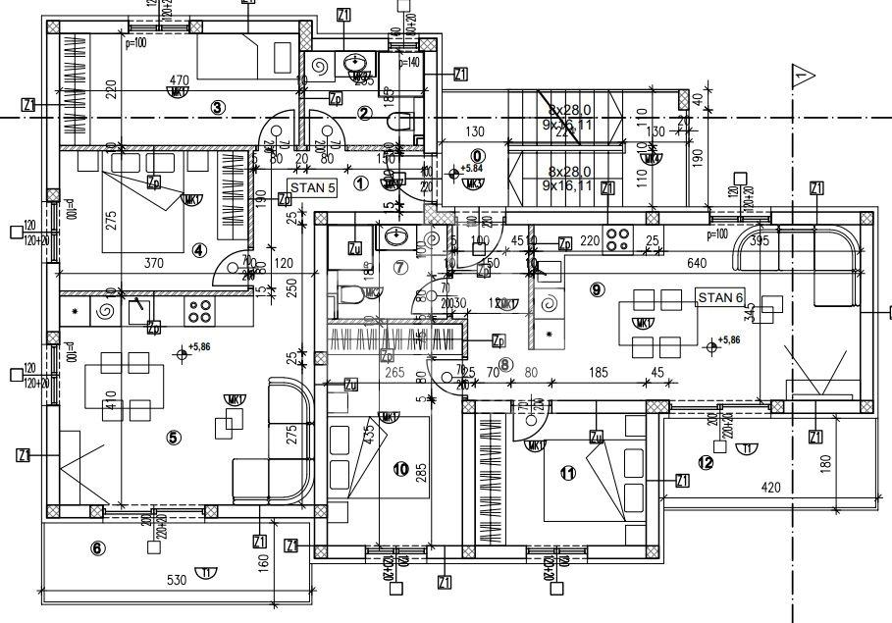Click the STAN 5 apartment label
[313, 185]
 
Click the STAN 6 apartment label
[721, 297]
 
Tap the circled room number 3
[219, 108]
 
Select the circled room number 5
[174, 438]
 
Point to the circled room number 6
[97, 548]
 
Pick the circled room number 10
[400, 469]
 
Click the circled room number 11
[566, 474]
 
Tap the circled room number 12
[706, 463]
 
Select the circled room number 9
[598, 288]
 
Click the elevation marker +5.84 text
[473, 169]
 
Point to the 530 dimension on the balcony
[176, 581]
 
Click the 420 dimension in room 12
[771, 488]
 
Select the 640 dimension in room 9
[698, 263]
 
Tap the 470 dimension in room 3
[178, 80]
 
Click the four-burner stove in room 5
[200, 311]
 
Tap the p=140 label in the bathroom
[409, 62]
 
